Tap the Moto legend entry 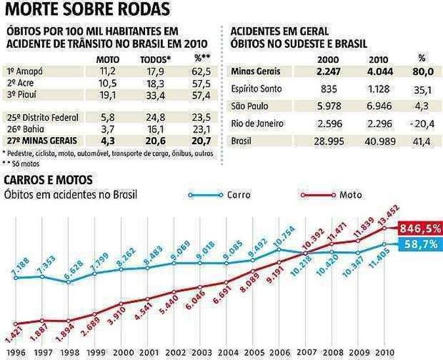[x=352, y=195]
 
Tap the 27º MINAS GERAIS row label [x=42, y=140]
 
